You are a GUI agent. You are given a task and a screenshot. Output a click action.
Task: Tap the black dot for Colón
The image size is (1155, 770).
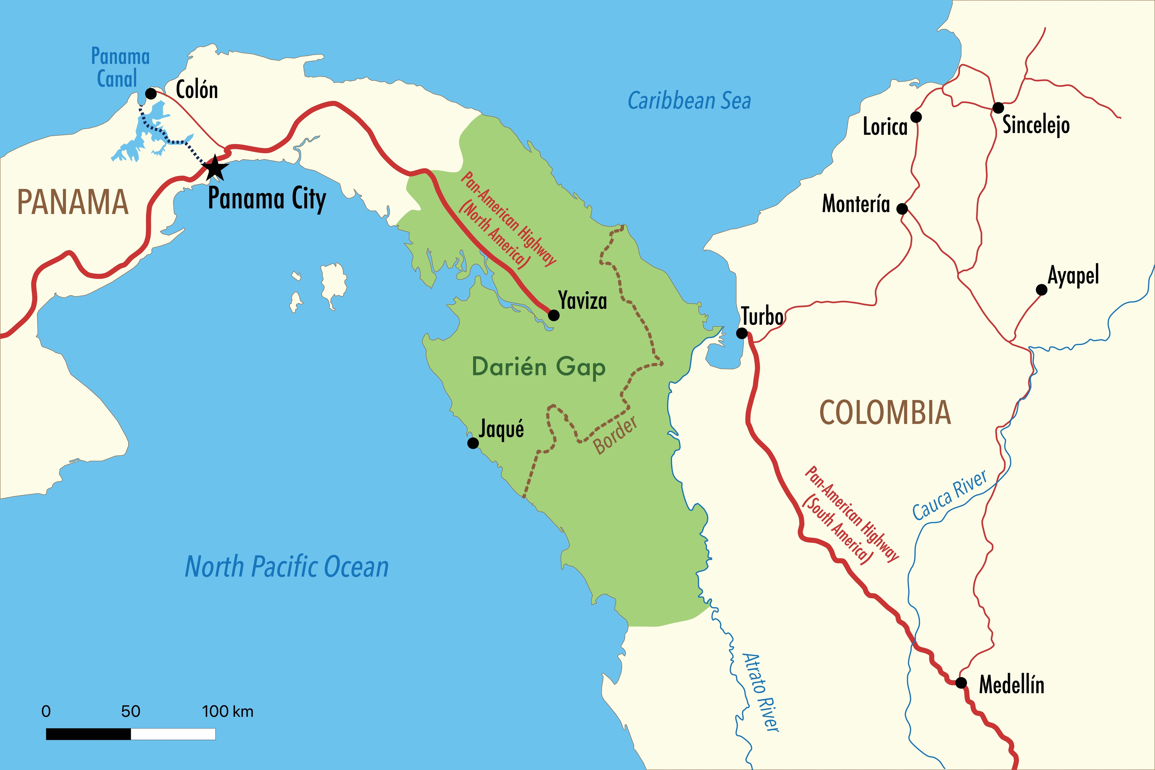coord(151,93)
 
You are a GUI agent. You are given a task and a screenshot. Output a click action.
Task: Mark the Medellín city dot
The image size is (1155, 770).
coord(961,683)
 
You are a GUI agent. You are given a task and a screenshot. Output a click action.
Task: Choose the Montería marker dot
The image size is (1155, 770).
coord(902,209)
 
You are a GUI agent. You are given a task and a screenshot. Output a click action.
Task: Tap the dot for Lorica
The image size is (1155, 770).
coord(916,117)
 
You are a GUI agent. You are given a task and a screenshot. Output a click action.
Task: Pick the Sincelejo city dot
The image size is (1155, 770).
coord(998,108)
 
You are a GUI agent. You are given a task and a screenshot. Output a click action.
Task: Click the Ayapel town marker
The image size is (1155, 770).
coord(1042,290)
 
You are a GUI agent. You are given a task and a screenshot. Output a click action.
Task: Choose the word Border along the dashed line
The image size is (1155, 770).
coord(615,435)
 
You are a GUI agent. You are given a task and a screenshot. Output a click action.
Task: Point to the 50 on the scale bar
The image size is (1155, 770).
coord(131,711)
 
